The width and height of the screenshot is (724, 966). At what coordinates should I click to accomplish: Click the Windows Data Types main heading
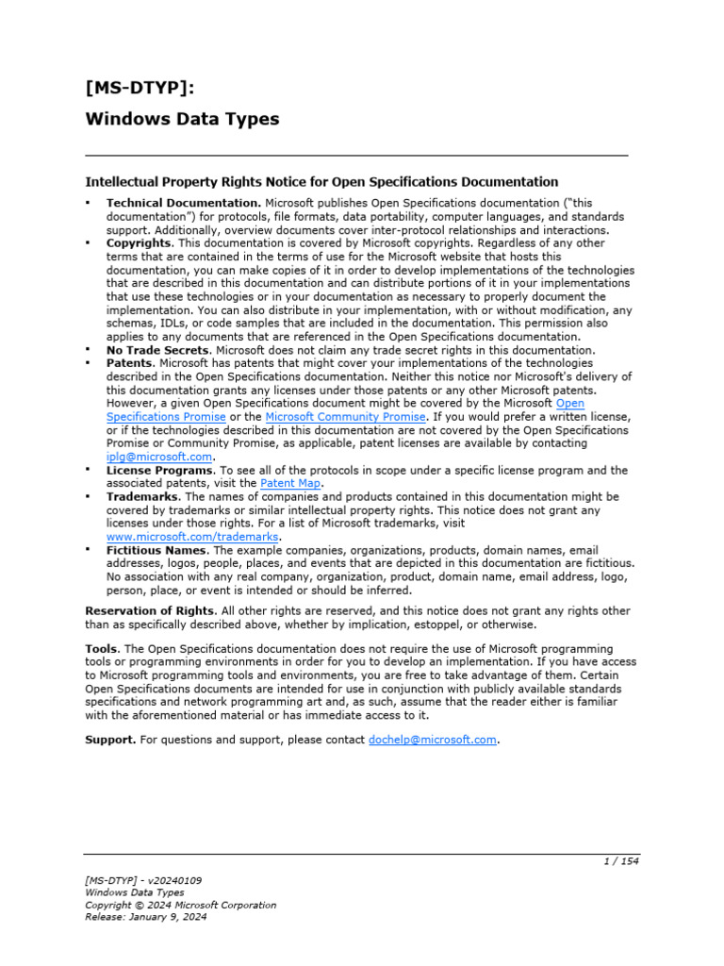point(182,119)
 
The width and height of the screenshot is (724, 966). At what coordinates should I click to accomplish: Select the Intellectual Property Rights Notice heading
point(321,181)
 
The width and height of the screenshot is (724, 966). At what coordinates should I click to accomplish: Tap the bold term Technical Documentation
point(183,203)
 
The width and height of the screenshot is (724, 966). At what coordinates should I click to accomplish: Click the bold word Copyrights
point(140,242)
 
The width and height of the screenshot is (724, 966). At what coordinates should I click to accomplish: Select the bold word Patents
point(130,363)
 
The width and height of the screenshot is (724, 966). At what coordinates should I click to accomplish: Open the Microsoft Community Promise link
point(346,416)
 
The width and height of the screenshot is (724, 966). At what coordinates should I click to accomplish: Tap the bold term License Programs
point(159,470)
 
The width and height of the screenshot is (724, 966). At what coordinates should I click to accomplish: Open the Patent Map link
point(290,483)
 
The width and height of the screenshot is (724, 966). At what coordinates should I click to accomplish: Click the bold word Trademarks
point(143,496)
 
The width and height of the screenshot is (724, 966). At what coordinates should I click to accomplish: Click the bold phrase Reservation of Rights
point(151,610)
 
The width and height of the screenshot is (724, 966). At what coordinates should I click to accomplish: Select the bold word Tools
point(102,649)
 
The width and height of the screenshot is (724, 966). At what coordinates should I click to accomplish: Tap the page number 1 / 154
point(620,861)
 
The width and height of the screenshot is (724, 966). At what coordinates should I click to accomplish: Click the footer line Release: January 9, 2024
point(147,916)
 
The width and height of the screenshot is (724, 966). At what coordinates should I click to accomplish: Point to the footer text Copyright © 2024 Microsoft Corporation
point(181,904)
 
